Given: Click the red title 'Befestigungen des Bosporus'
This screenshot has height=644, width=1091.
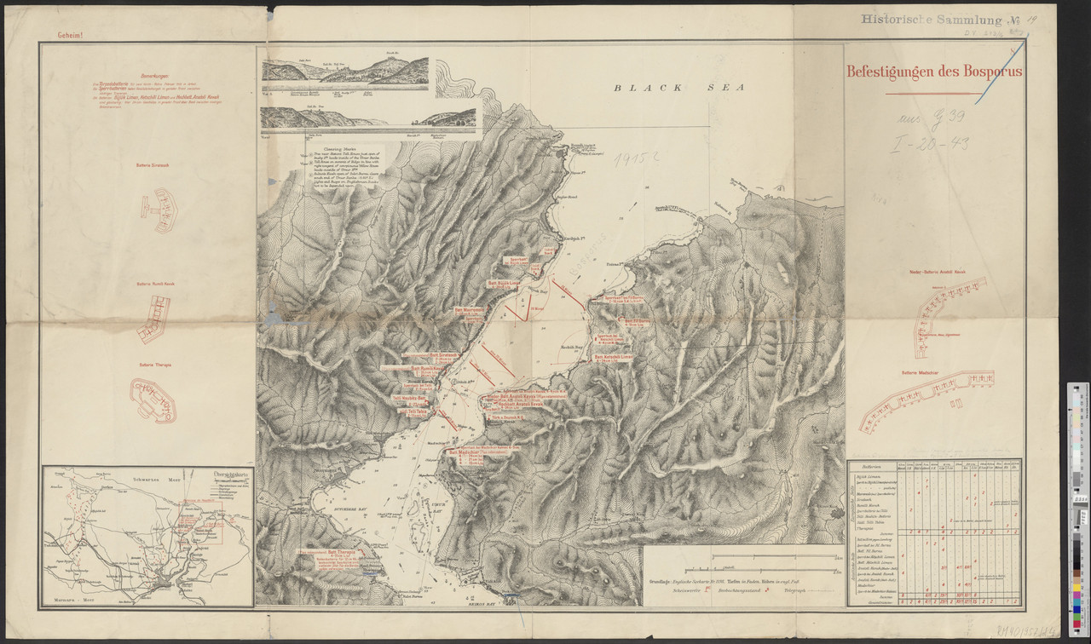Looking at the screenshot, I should (934, 72).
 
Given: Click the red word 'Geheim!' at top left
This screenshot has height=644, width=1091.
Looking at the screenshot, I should (70, 37).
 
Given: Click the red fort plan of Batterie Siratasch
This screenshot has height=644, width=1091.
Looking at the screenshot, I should (159, 209).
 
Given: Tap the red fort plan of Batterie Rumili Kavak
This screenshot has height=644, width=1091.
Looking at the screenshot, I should (155, 317).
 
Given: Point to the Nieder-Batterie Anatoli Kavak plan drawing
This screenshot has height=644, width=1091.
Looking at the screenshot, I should (947, 308).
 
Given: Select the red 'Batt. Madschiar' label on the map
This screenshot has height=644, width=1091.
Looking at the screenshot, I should (468, 452).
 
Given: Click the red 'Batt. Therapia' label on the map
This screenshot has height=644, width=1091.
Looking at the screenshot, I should (342, 553).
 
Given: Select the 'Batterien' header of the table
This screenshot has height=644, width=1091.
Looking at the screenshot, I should (870, 467).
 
